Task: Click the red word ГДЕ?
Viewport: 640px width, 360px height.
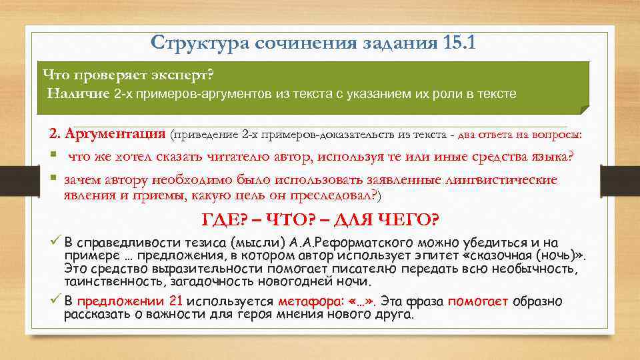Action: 224,220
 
